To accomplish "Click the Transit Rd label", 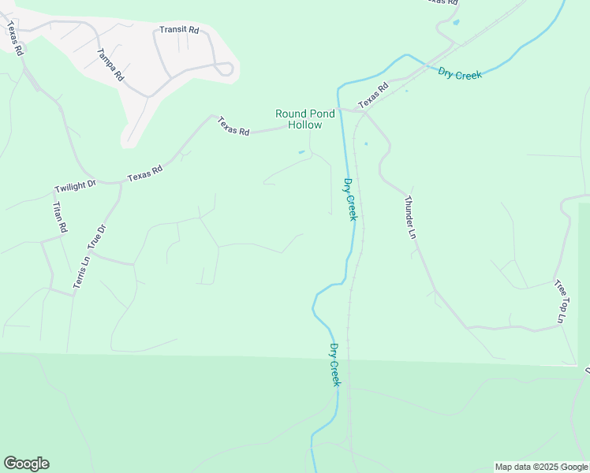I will (179, 30).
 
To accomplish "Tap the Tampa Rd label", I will (110, 65).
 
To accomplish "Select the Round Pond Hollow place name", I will (300, 119).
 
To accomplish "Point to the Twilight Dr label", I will (75, 186).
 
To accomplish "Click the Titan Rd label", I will (59, 217).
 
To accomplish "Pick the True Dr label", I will (96, 237).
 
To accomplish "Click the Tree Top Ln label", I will (560, 300).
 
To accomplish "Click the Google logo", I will (26, 464).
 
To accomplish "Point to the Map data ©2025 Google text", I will (541, 467).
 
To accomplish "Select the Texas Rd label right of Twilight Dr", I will (144, 173).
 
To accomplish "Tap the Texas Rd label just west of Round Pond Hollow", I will (233, 126).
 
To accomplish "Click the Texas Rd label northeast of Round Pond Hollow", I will (373, 95).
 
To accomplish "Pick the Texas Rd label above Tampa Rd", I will (14, 37).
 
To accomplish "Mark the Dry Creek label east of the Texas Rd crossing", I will (460, 73).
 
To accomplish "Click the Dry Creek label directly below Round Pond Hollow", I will (350, 199).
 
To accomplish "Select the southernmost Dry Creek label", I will (334, 364).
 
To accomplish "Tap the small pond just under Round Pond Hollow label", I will (301, 152).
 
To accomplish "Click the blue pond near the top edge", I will (456, 22).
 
